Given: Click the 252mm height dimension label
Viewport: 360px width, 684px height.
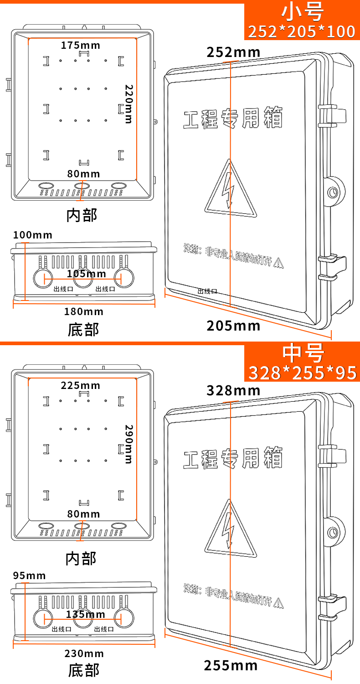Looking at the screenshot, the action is [x=233, y=52].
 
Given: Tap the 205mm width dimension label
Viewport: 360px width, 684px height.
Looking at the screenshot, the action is [x=233, y=326].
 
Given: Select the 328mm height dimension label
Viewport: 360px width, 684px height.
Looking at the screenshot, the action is [x=233, y=390].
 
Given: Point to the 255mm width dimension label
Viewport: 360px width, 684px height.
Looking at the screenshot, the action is [x=231, y=665].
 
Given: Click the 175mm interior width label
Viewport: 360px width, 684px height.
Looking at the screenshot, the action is [x=81, y=45].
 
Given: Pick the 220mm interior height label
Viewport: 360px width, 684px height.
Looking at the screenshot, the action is [x=129, y=104].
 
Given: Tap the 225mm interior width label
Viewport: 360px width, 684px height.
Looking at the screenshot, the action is [x=81, y=386].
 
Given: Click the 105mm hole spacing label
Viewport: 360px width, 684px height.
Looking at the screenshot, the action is [x=86, y=274].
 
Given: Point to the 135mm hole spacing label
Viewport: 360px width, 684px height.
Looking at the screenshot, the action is [x=86, y=614].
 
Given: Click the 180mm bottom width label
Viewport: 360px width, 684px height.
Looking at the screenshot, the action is [x=84, y=311].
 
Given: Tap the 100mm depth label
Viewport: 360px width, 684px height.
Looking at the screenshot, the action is [x=33, y=235].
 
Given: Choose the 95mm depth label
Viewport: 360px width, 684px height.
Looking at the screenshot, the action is [x=30, y=575].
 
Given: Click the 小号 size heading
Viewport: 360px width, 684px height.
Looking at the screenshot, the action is [x=302, y=13].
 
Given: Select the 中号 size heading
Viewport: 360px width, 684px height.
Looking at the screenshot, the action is [x=303, y=353].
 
